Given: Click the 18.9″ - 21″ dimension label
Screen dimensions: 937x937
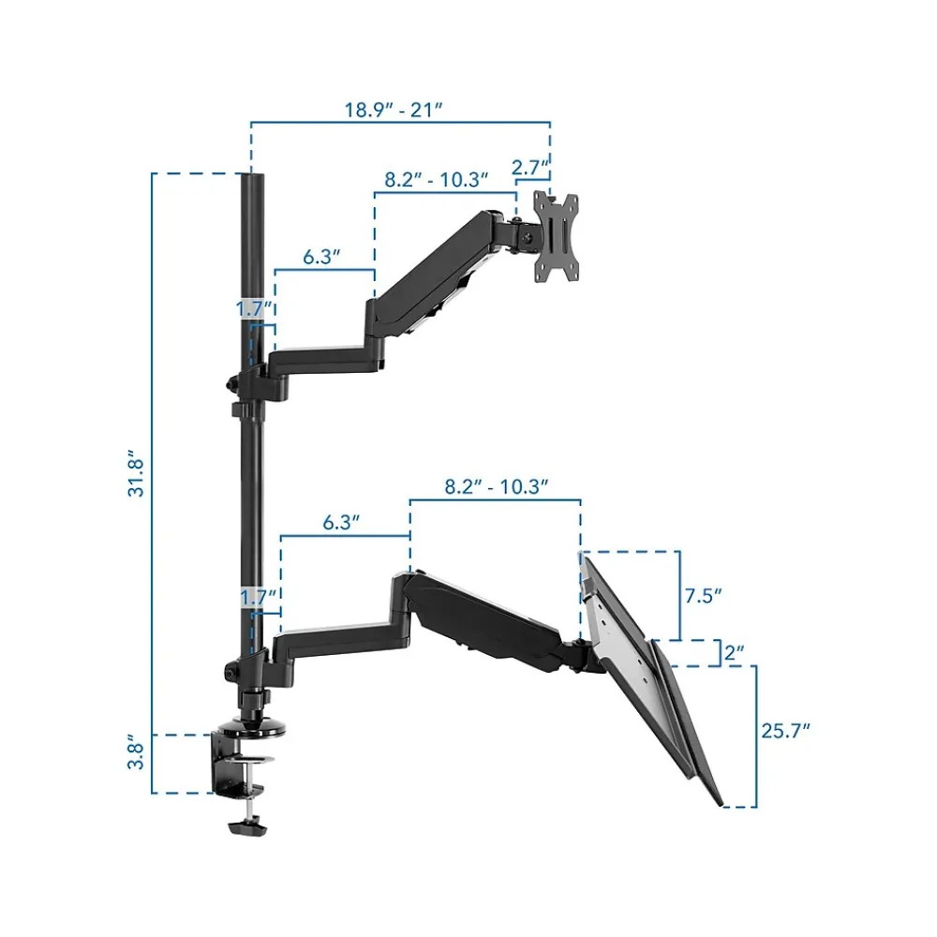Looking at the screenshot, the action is pos(394,110).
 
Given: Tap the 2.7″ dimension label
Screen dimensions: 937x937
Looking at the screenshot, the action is pos(529,168).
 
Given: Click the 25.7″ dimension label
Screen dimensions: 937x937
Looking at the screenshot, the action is pos(786,731).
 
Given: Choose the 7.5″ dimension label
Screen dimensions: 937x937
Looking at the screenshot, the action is pos(704,596).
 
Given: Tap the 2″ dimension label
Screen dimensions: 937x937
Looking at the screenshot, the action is pos(735,652).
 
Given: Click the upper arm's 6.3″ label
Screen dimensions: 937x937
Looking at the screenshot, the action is pos(321,257).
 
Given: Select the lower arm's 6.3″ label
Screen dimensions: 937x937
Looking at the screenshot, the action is pos(341,523).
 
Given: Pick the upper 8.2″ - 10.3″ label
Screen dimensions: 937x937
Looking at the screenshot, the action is pos(437,179).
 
